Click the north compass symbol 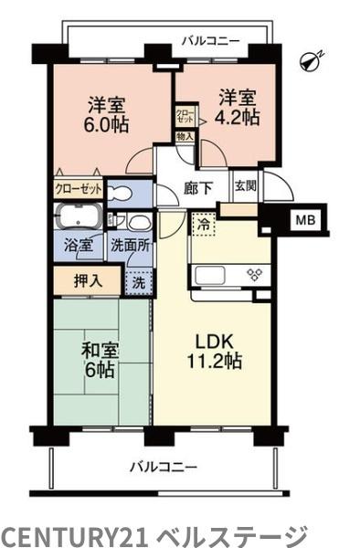(314, 59)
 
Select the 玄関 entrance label (246, 186)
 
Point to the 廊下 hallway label (196, 190)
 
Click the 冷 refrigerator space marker (202, 222)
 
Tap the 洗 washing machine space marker (138, 283)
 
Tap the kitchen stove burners (254, 274)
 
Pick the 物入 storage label (185, 136)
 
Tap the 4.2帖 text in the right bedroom (237, 117)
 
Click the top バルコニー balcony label (210, 40)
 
